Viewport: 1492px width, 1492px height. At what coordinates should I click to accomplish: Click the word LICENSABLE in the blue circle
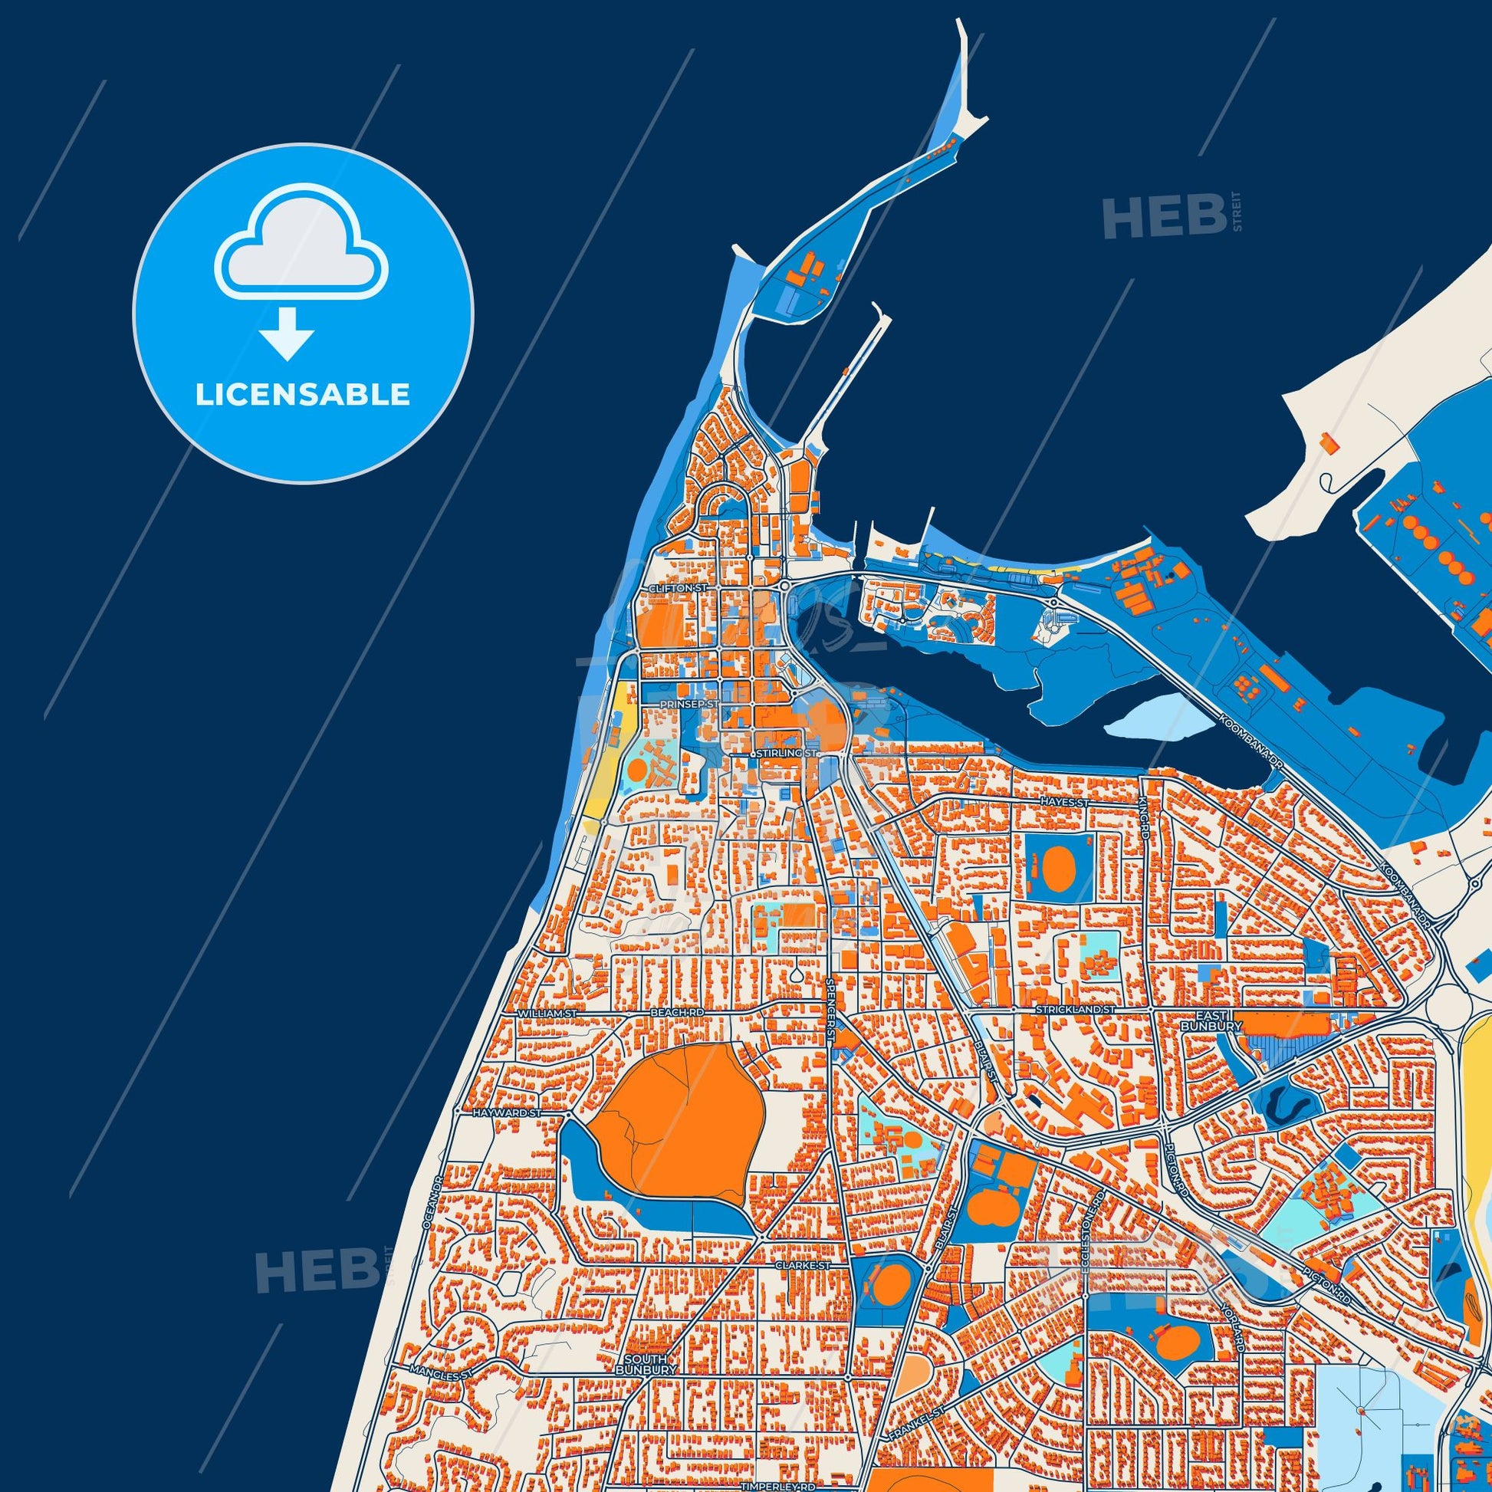click(x=302, y=395)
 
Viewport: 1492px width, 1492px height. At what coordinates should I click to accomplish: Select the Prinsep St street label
click(x=689, y=705)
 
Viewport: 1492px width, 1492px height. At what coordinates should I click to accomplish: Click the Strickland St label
click(x=1076, y=1009)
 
